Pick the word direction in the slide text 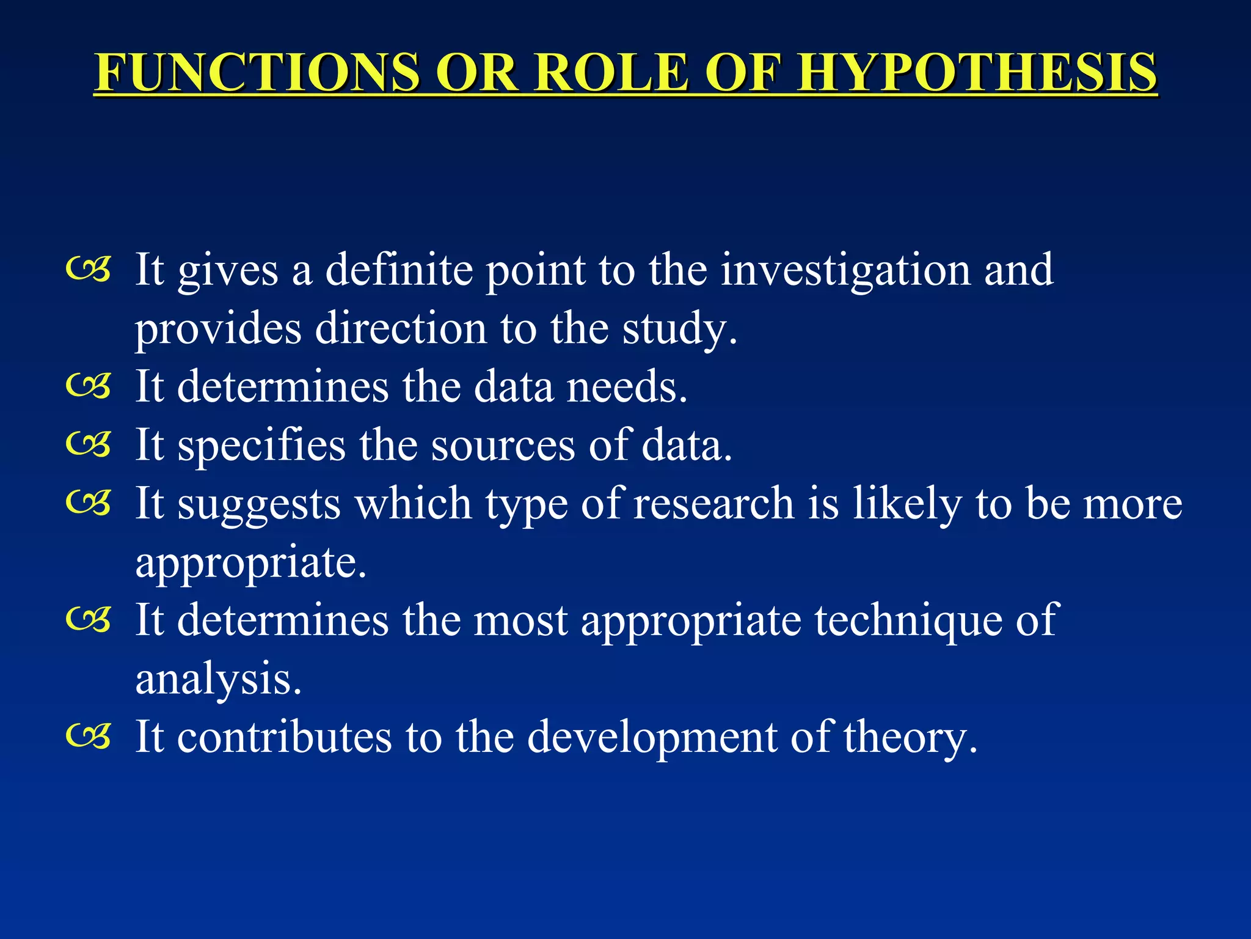click(401, 328)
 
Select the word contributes click(285, 737)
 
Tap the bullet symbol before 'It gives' click(89, 270)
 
